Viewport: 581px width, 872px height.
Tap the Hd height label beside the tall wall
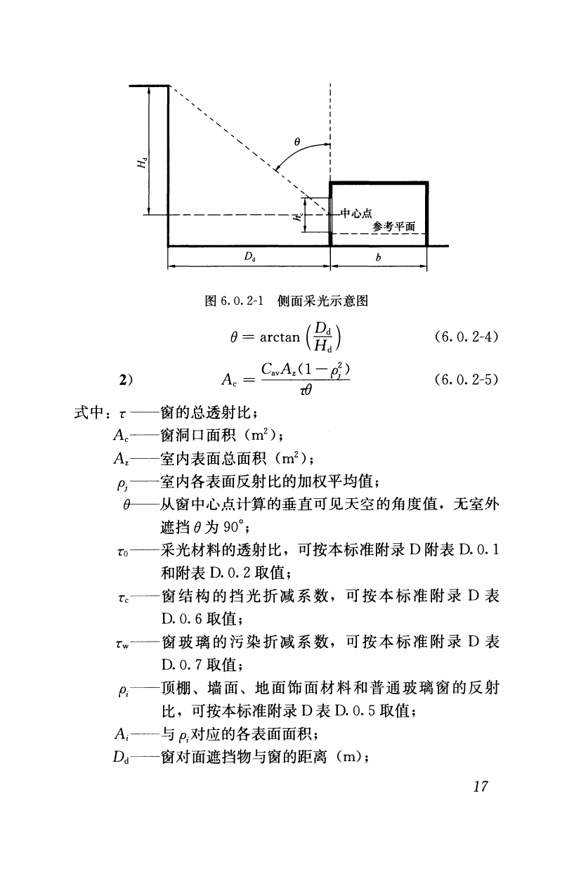coord(143,163)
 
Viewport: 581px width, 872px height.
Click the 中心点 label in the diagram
coord(355,213)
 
